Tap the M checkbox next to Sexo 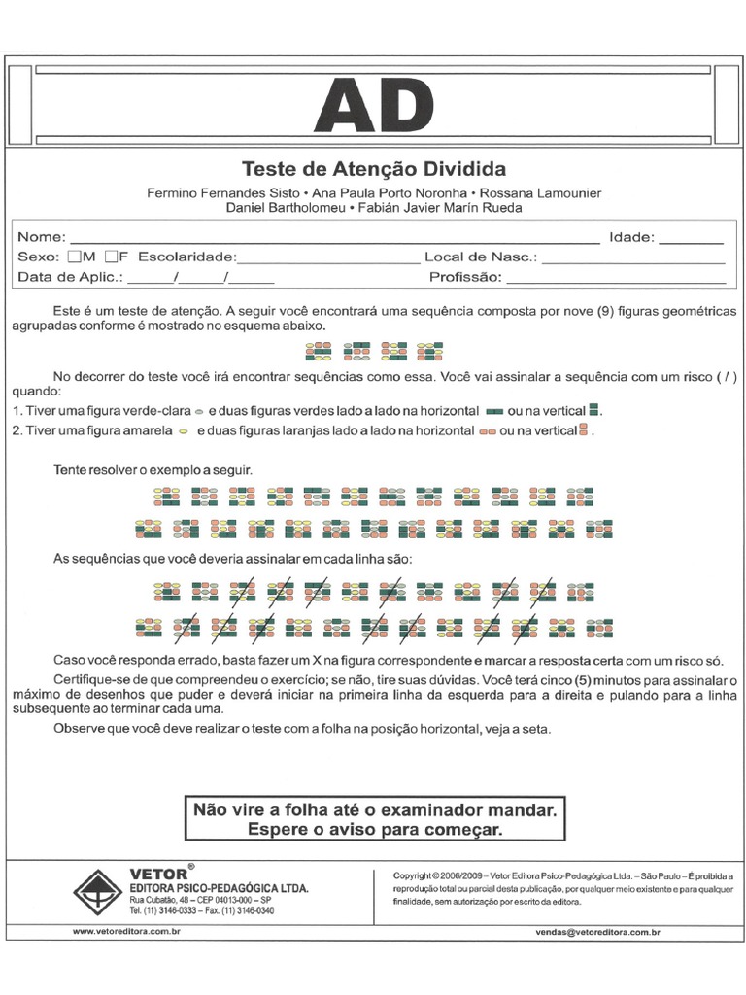click(x=75, y=257)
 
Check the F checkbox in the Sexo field click(x=112, y=257)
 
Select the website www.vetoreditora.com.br click(x=126, y=931)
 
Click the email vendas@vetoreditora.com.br click(x=597, y=932)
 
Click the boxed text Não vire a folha click(x=375, y=809)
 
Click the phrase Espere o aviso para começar click(x=375, y=830)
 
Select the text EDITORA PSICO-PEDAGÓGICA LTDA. click(x=220, y=889)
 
